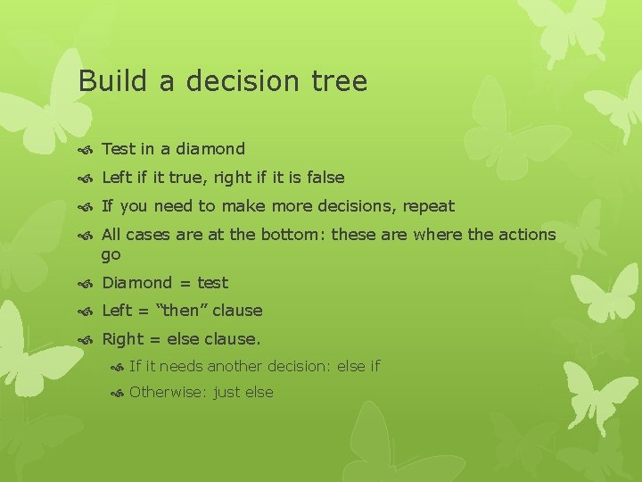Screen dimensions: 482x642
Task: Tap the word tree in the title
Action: coord(340,81)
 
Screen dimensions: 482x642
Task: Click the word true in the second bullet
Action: coord(190,178)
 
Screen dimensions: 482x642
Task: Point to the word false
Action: coord(325,178)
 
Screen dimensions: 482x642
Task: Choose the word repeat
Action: coord(428,207)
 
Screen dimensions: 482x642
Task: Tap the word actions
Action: coord(524,235)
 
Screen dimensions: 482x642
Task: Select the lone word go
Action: coord(111,255)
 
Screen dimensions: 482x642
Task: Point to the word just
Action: coord(227,393)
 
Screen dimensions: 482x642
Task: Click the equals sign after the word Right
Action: coord(154,340)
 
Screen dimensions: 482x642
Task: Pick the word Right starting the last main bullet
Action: coord(123,340)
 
